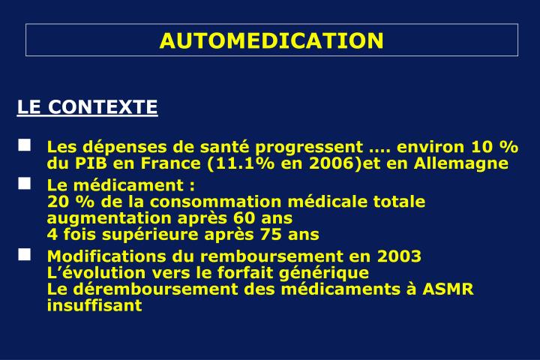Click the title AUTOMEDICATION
point(271,40)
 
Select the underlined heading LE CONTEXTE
point(88,106)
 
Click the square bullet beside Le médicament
point(25,183)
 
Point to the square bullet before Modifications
point(25,254)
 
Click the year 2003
point(399,256)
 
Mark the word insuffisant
point(94,306)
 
